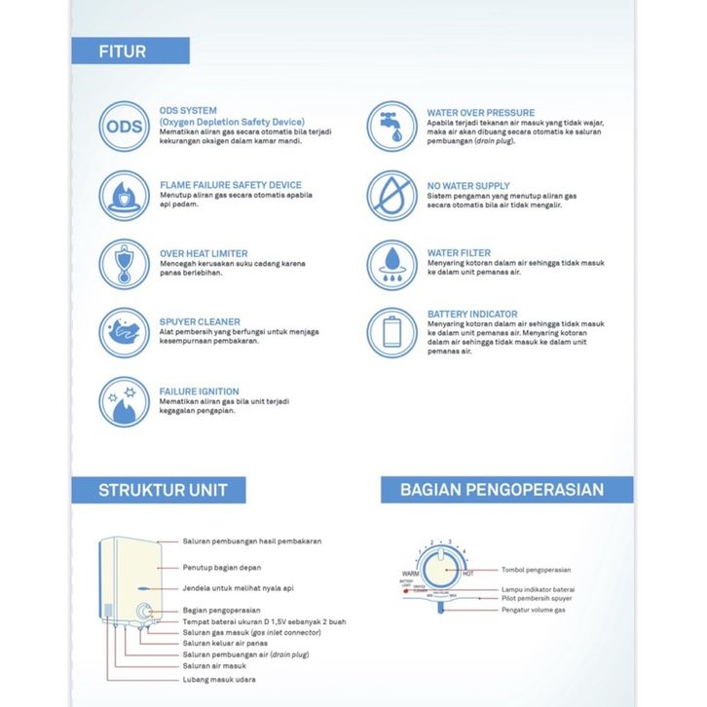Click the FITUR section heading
[123, 52]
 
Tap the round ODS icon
[124, 127]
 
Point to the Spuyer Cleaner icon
[124, 332]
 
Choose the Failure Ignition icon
[124, 401]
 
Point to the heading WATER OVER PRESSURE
[480, 113]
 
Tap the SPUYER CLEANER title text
[200, 321]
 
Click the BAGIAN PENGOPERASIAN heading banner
[502, 490]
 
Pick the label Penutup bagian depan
[223, 566]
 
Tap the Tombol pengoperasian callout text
[536, 570]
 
